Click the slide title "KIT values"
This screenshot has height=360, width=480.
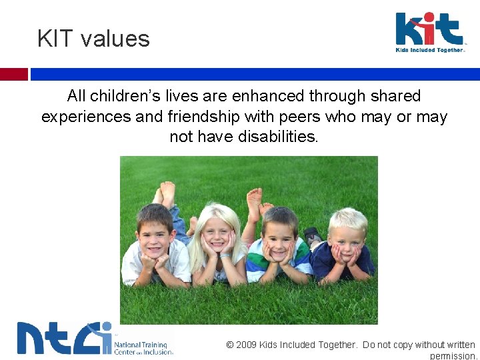click(x=93, y=39)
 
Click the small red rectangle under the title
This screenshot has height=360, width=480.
click(x=14, y=74)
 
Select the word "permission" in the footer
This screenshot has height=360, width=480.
click(x=453, y=356)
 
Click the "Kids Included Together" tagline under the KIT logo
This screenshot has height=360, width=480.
click(x=429, y=50)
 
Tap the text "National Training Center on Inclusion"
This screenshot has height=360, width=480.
click(x=143, y=348)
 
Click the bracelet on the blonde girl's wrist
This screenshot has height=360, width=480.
click(x=226, y=255)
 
